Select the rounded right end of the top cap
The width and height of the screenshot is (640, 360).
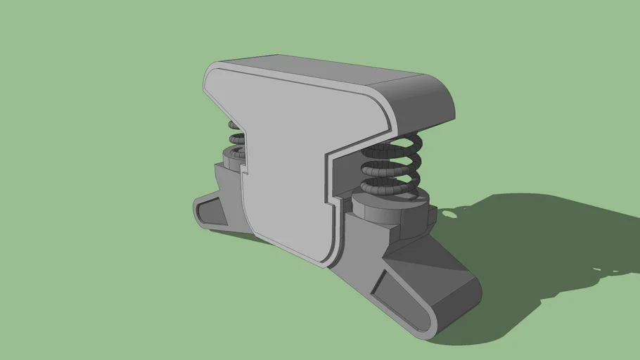tap(429, 105)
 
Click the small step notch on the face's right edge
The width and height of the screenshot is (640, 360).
tap(331, 200)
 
